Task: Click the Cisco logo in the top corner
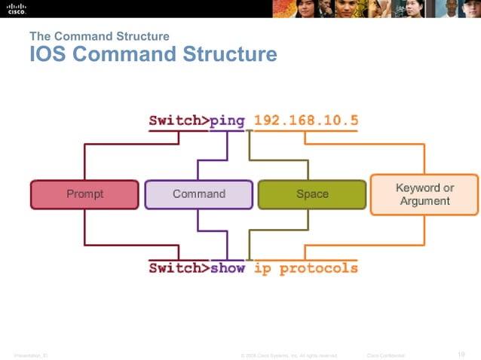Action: tap(17, 8)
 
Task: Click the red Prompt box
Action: tap(84, 194)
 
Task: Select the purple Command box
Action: tap(198, 194)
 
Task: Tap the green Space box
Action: tap(312, 194)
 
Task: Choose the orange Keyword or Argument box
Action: tap(424, 194)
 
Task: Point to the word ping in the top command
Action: tap(228, 121)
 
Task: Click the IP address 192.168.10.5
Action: tap(305, 121)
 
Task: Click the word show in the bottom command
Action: tap(228, 268)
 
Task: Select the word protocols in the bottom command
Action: tap(318, 268)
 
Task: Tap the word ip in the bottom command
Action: tap(263, 268)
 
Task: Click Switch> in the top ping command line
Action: tap(179, 121)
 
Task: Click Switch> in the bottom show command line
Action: tap(179, 268)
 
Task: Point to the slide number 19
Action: tap(461, 354)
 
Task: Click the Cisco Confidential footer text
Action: tap(385, 355)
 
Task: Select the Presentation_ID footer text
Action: tap(31, 355)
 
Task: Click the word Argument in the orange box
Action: tap(424, 201)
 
